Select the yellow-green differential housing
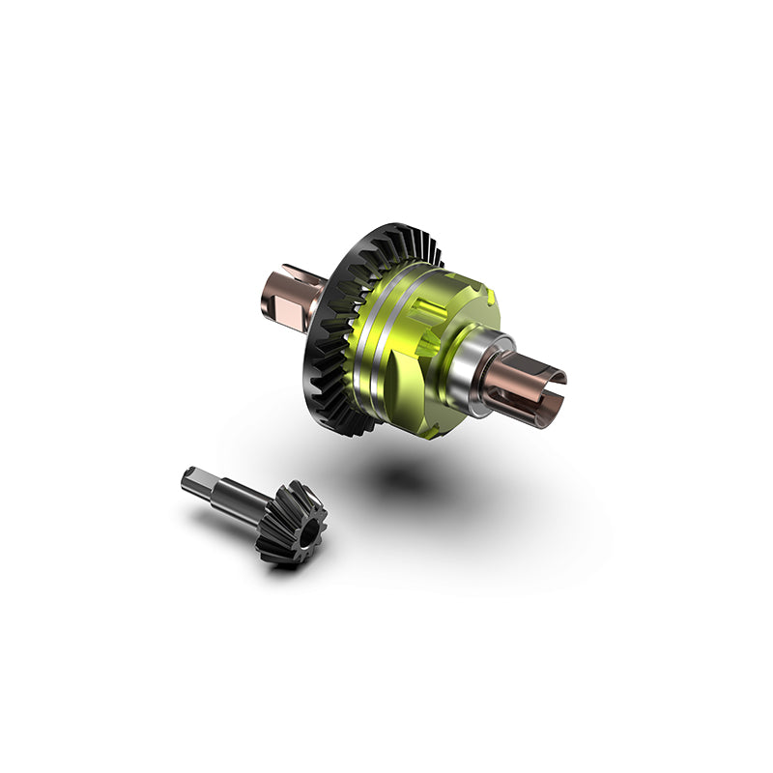435,329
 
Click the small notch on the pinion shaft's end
186,475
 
